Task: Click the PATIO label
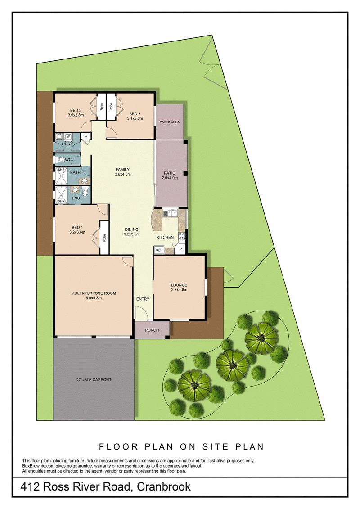coord(170,173)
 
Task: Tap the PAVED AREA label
coord(170,122)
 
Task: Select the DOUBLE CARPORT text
coord(94,379)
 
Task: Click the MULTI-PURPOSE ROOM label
coord(94,293)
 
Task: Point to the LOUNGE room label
coord(179,285)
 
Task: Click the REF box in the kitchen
coord(159,250)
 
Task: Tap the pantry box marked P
coord(180,250)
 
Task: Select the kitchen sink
coord(170,213)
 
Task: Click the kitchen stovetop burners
coord(182,236)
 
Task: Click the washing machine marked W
coord(68,137)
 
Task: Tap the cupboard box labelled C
coord(85,136)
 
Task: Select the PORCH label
coord(152,330)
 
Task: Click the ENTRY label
coord(143,299)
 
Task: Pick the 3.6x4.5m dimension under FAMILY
coord(123,174)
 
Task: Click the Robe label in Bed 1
coord(104,238)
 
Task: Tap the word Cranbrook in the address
coord(164,487)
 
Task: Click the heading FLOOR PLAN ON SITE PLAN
coord(181,447)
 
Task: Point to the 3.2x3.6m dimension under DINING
coord(132,234)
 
